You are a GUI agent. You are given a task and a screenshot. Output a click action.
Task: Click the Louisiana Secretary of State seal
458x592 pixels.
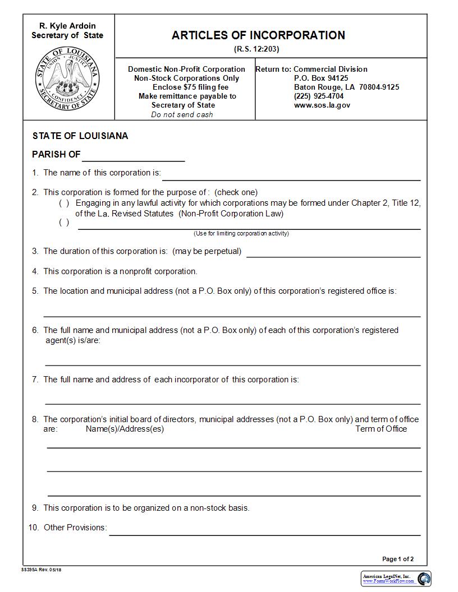[68, 79]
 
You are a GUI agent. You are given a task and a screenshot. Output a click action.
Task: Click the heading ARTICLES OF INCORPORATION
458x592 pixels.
[258, 35]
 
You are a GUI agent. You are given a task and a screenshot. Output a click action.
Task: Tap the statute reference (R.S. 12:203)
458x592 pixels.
[257, 49]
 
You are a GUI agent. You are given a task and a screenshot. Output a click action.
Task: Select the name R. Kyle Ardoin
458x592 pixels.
[67, 26]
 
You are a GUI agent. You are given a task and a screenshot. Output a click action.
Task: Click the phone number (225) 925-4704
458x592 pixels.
[319, 96]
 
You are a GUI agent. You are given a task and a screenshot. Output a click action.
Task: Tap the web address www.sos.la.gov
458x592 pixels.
[322, 105]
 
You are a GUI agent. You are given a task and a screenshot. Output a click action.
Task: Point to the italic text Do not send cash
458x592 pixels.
[182, 114]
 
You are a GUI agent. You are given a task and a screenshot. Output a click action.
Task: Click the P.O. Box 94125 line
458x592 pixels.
[321, 78]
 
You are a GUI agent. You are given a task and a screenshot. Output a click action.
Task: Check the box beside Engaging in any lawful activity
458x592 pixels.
[65, 203]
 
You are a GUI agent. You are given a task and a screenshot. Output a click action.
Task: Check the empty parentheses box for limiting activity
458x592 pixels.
[65, 223]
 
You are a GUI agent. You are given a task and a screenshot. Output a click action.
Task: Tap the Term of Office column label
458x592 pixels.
[381, 429]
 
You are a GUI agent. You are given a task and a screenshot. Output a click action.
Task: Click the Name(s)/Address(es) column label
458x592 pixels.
[125, 429]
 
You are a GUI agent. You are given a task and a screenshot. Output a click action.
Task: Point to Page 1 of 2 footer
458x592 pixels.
[398, 559]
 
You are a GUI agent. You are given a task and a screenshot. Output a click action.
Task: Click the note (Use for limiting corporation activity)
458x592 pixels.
[241, 233]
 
